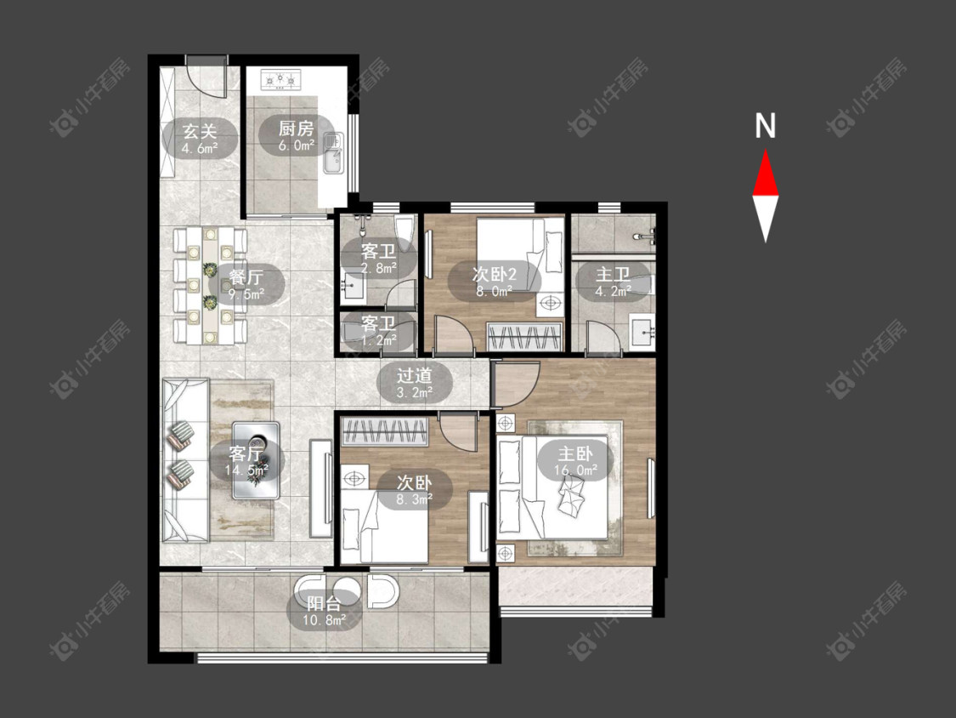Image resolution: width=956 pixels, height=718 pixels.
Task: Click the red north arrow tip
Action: [x=765, y=151]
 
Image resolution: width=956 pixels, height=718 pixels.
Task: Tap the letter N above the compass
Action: [x=765, y=126]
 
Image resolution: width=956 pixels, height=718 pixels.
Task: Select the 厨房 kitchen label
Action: [x=297, y=128]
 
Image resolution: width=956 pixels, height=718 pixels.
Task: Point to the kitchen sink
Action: [x=333, y=153]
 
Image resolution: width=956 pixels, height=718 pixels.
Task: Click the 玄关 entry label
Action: [x=200, y=131]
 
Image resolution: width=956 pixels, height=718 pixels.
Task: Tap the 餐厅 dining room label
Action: [x=246, y=277]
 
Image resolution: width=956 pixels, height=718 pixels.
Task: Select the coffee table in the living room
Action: [x=256, y=460]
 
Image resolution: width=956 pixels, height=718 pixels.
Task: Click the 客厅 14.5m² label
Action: [x=246, y=461]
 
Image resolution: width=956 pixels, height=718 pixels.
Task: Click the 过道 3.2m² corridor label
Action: [x=415, y=383]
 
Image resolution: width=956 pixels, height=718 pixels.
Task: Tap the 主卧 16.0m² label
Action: [x=575, y=461]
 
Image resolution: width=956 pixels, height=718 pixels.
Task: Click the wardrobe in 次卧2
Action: [x=524, y=337]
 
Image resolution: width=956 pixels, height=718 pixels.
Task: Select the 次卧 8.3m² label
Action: [x=415, y=490]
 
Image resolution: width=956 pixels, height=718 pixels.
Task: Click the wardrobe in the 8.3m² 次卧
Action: [x=384, y=431]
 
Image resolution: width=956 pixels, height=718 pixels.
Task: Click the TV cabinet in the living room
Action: [x=320, y=488]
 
